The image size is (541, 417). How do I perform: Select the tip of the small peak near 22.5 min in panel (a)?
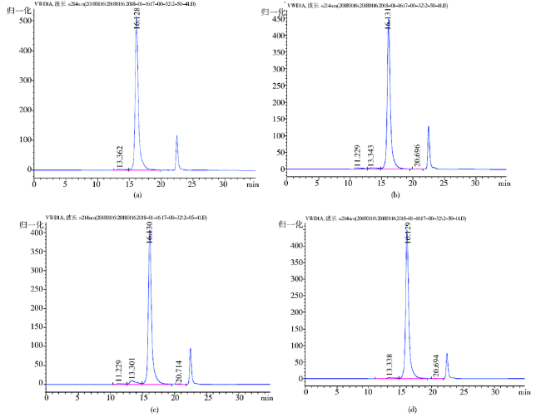pos(176,136)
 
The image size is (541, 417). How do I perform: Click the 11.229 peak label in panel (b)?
pos(358,156)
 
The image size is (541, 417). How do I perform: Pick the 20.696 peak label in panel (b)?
pos(417,156)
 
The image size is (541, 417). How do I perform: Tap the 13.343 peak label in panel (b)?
pos(371,156)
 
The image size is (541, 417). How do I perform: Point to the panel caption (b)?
pos(395,194)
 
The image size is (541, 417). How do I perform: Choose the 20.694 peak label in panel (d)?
pos(436,365)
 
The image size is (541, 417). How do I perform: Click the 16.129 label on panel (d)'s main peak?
pos(408,233)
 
